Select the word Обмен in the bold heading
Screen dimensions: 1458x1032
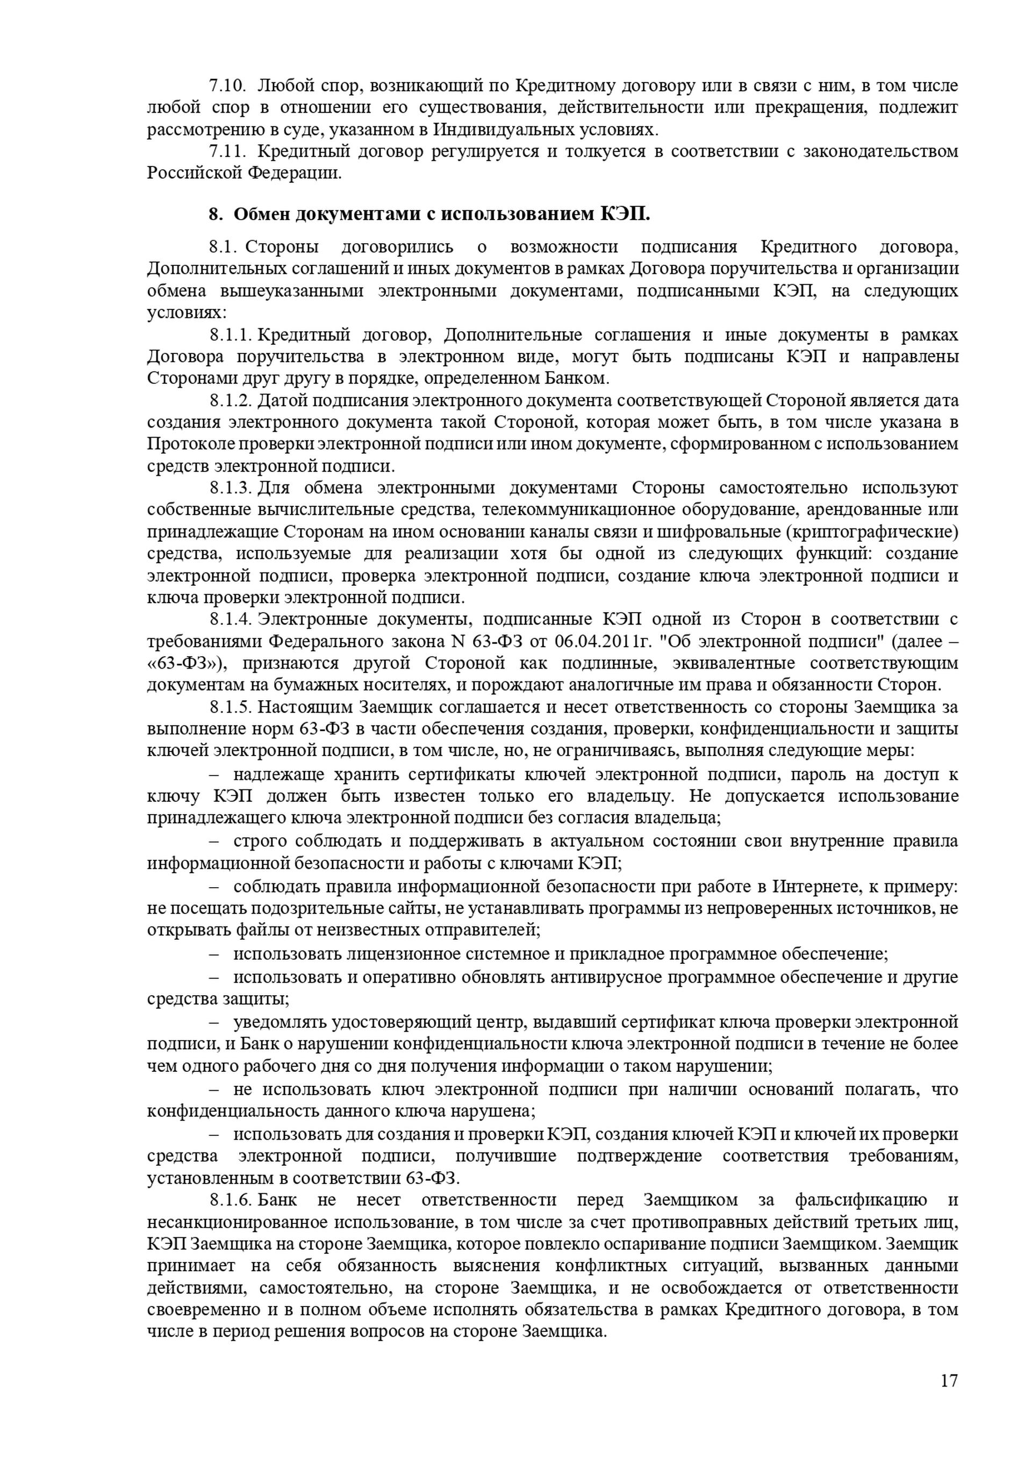click(261, 215)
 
